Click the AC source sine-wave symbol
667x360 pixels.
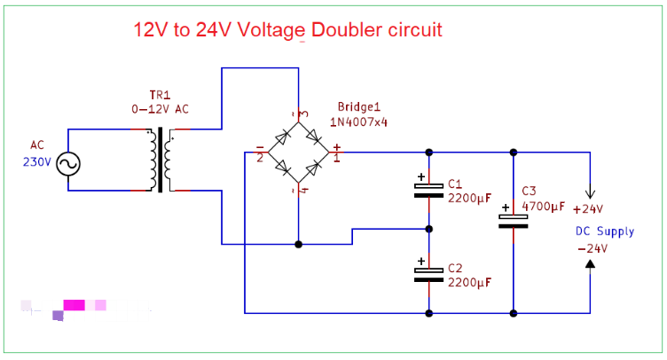coord(68,163)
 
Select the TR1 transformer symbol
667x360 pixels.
coord(161,160)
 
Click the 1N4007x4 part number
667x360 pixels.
coord(358,121)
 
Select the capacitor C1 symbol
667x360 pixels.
coord(429,187)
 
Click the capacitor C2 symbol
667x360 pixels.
coord(429,271)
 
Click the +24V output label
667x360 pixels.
coord(588,210)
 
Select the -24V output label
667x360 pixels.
coord(592,248)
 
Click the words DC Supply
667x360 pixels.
coord(605,231)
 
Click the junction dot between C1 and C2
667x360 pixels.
coord(429,229)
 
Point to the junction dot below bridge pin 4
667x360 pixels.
coord(299,244)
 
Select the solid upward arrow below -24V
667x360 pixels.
coord(592,263)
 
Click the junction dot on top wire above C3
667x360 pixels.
coord(513,152)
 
